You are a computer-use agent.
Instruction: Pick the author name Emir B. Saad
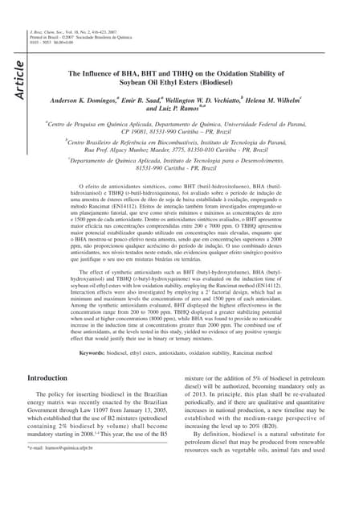141,102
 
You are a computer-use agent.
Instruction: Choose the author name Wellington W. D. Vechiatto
203,102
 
